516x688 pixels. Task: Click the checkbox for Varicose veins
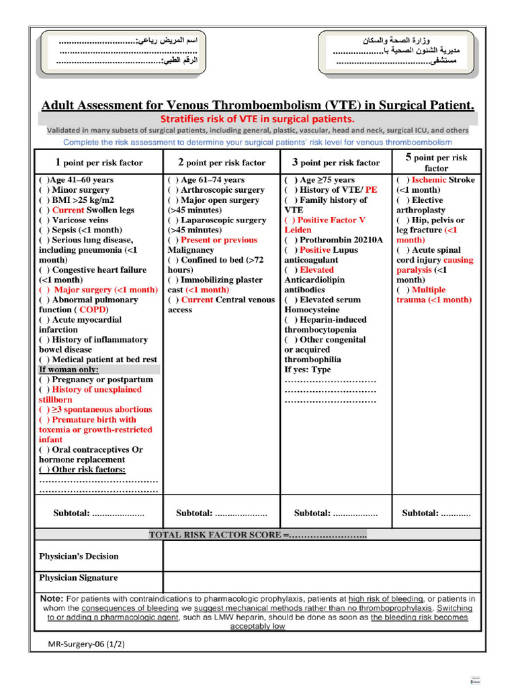pyautogui.click(x=44, y=220)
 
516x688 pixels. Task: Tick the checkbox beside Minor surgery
pyautogui.click(x=44, y=190)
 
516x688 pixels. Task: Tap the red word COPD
pyautogui.click(x=93, y=310)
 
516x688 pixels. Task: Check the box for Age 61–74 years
pyautogui.click(x=173, y=180)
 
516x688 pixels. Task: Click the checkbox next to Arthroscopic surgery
pyautogui.click(x=173, y=190)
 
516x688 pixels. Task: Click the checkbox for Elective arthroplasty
pyautogui.click(x=402, y=200)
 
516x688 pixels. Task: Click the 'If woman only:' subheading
pyautogui.click(x=69, y=370)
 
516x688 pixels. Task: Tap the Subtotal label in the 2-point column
pyautogui.click(x=195, y=513)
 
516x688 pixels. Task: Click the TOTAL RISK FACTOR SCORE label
pyautogui.click(x=215, y=535)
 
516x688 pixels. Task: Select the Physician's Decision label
pyautogui.click(x=79, y=556)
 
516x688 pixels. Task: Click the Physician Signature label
pyautogui.click(x=78, y=578)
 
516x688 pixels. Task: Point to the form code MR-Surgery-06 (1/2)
pyautogui.click(x=86, y=644)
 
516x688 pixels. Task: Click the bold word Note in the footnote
pyautogui.click(x=52, y=599)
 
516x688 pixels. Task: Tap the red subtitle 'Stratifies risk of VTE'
pyautogui.click(x=257, y=119)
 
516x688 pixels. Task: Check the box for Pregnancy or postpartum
pyautogui.click(x=44, y=380)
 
